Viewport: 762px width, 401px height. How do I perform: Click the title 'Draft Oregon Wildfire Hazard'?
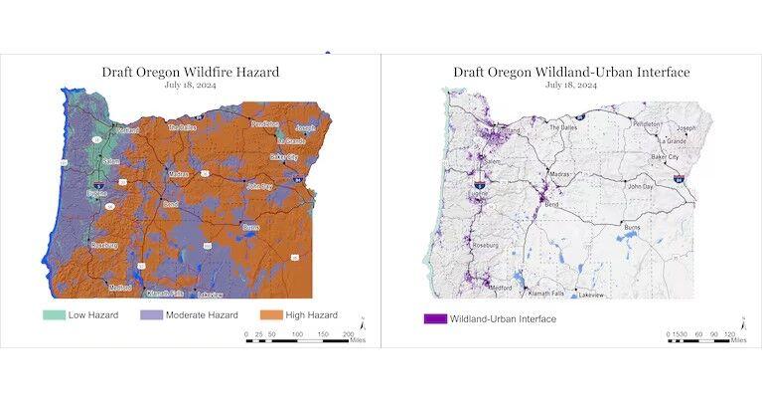coord(191,72)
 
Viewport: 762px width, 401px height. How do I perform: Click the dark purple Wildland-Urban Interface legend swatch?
coord(434,318)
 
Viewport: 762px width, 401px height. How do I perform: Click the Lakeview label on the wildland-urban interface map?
coord(591,295)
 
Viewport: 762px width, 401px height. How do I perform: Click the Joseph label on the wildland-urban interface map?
coord(686,128)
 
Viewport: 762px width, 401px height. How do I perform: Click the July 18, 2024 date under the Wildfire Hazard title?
coord(191,86)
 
